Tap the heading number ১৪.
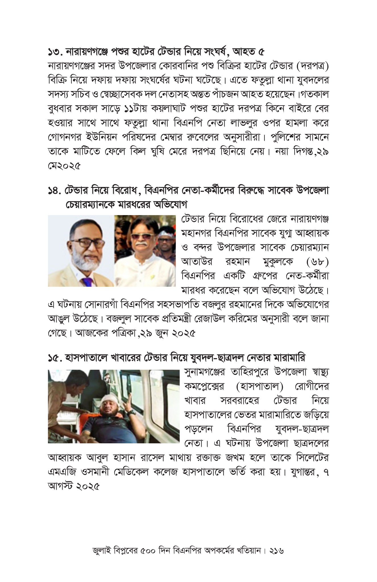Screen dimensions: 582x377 (55, 191)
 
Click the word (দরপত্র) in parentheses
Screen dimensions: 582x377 (312, 66)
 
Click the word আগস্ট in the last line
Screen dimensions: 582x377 (59, 486)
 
